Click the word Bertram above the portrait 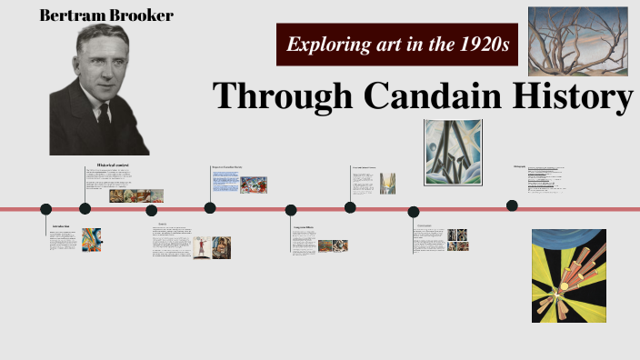tap(71, 15)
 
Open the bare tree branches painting tap(578, 42)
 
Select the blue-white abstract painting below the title tap(452, 152)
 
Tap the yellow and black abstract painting tap(568, 275)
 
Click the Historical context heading tap(114, 165)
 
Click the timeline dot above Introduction tap(46, 209)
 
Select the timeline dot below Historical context tap(85, 208)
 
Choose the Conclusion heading tap(424, 225)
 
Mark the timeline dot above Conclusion tap(414, 211)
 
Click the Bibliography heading tap(520, 165)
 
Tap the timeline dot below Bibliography tap(512, 205)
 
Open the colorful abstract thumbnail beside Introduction tap(92, 240)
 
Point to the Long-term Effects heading tap(304, 226)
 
